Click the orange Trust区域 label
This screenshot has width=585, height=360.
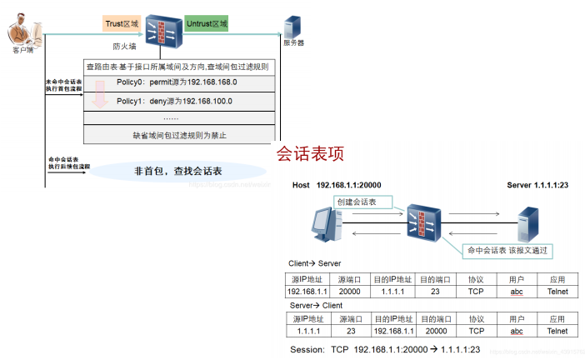tap(122, 25)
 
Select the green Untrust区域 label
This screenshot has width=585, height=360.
tap(207, 25)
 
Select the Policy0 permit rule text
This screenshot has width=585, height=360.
tap(177, 82)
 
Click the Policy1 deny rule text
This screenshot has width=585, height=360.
tap(174, 102)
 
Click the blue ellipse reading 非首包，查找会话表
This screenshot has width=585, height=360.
tap(178, 172)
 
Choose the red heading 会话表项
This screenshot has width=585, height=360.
tap(309, 154)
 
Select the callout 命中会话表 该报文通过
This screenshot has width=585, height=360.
tap(508, 249)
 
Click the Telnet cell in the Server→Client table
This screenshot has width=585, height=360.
tap(557, 331)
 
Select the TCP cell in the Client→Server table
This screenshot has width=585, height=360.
tap(476, 292)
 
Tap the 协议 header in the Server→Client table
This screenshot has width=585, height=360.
tap(476, 318)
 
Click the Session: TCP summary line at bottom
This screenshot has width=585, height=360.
tap(385, 348)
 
